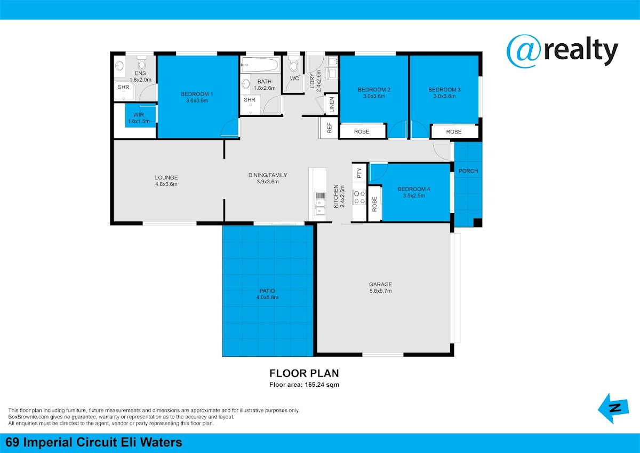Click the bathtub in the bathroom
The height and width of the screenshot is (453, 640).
coord(260,65)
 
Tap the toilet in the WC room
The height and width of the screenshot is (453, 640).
coord(293,63)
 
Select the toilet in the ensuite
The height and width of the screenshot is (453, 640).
coord(141,63)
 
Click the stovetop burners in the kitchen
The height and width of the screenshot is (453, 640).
coord(359,197)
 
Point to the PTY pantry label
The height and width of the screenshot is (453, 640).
coord(359,173)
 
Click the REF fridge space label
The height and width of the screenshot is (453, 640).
coord(329,128)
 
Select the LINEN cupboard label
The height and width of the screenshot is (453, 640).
coord(332,105)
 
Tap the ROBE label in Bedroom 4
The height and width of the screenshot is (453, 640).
coord(374,204)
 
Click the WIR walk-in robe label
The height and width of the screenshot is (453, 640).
coord(139,115)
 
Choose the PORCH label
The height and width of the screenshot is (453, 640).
coord(468,171)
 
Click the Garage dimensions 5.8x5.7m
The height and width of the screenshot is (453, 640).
coord(381,291)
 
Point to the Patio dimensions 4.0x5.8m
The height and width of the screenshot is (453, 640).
coord(267,298)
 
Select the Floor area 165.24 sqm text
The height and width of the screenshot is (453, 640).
coord(305,385)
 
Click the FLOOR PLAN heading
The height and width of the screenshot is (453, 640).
coord(305,373)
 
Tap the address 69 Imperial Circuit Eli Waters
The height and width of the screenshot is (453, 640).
coord(94,442)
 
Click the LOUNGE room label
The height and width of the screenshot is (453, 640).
coord(166,177)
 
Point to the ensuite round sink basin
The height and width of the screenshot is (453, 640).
coord(119,66)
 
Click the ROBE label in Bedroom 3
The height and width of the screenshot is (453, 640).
coord(454,131)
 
